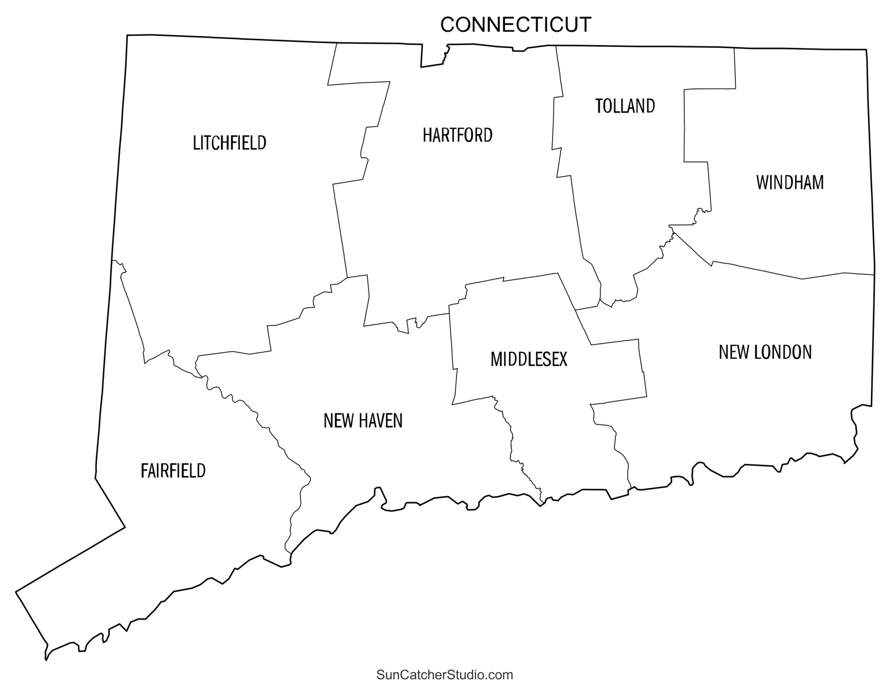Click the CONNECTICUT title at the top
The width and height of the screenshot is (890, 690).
pos(515,25)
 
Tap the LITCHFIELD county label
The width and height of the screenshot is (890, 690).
pos(229,143)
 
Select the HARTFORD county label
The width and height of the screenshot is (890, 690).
pos(457,135)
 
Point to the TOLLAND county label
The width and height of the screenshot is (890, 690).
pos(625,106)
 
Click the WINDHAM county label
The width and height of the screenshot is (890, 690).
pos(790,182)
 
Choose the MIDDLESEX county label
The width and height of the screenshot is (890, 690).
pos(528,360)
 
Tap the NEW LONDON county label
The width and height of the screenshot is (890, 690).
pos(765,353)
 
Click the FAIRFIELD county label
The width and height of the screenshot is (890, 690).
pos(173,471)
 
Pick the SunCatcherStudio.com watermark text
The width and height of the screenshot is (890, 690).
pos(445,675)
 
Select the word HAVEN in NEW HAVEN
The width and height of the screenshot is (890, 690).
pos(379,421)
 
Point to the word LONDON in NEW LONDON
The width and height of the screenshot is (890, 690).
pos(783,353)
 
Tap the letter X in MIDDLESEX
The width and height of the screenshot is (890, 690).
pos(562,360)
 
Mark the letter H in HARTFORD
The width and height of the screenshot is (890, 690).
pos(427,135)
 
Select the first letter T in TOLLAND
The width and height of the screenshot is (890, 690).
pos(598,106)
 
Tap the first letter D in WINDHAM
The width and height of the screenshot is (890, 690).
pos(789,182)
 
